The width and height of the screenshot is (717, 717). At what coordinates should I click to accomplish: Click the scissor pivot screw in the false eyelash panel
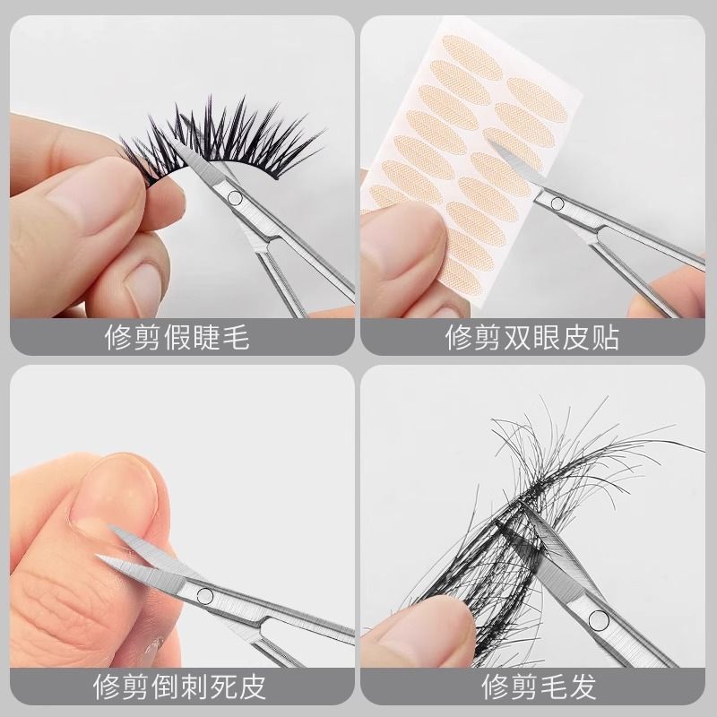tap(236, 198)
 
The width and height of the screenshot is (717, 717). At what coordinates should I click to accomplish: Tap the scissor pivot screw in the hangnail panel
tap(204, 594)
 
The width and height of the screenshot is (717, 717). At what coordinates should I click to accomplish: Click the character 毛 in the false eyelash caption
tap(236, 338)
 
